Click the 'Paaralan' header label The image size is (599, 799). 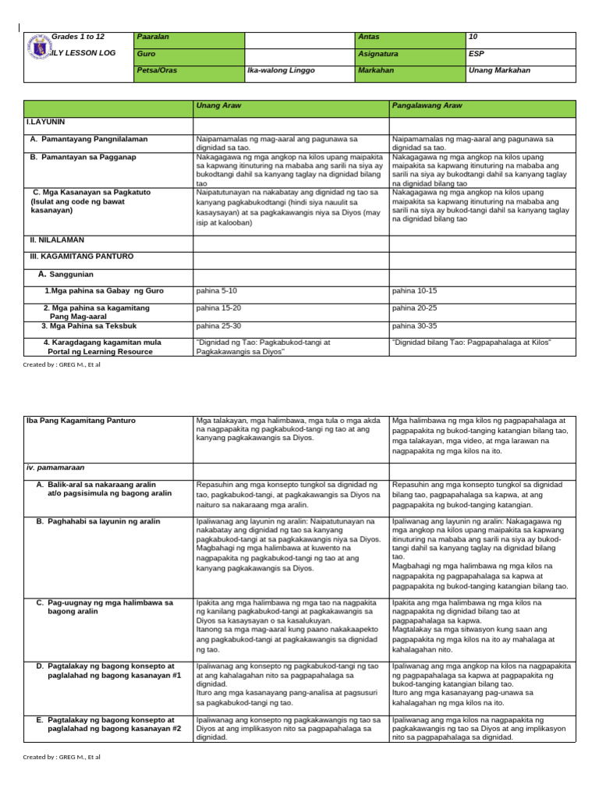pyautogui.click(x=153, y=37)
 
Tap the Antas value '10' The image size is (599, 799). pyautogui.click(x=473, y=37)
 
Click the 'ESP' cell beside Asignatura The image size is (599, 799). pyautogui.click(x=477, y=54)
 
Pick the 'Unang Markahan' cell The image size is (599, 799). pyautogui.click(x=499, y=70)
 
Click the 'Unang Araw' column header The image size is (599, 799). pyautogui.click(x=216, y=106)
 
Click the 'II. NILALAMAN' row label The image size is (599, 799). pyautogui.click(x=56, y=240)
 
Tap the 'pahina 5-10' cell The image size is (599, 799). pyautogui.click(x=217, y=290)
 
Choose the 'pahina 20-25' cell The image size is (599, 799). pyautogui.click(x=414, y=307)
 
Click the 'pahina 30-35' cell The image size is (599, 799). pyautogui.click(x=414, y=325)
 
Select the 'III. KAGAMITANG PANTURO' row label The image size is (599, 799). pyautogui.click(x=81, y=255)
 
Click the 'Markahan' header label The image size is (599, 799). pyautogui.click(x=375, y=70)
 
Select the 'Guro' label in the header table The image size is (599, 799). pyautogui.click(x=146, y=54)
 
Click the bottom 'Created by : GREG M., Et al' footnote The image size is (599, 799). pyautogui.click(x=62, y=757)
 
